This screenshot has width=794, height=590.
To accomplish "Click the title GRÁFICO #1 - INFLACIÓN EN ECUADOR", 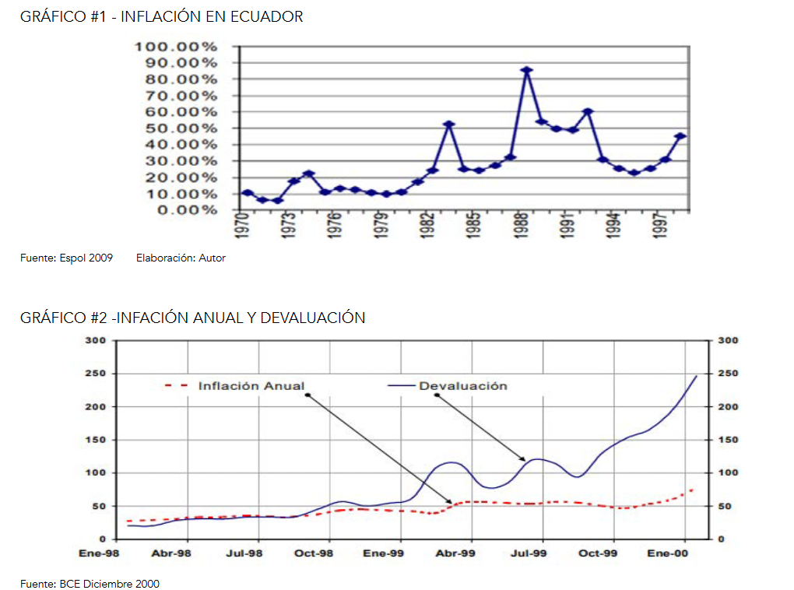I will click(x=162, y=16).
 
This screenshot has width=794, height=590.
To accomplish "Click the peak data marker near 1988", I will click(x=527, y=70).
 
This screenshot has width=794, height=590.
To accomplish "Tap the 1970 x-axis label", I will click(x=242, y=225).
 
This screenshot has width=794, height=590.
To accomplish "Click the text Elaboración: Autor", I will click(x=181, y=258).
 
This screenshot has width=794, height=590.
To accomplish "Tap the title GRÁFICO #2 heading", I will click(x=193, y=318).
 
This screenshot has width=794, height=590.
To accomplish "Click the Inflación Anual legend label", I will click(x=251, y=385).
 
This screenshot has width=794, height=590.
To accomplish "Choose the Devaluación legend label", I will click(x=462, y=385).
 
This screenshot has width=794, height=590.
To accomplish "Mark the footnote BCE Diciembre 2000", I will click(x=90, y=584).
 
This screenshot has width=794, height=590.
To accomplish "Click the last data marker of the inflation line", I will click(x=680, y=137).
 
